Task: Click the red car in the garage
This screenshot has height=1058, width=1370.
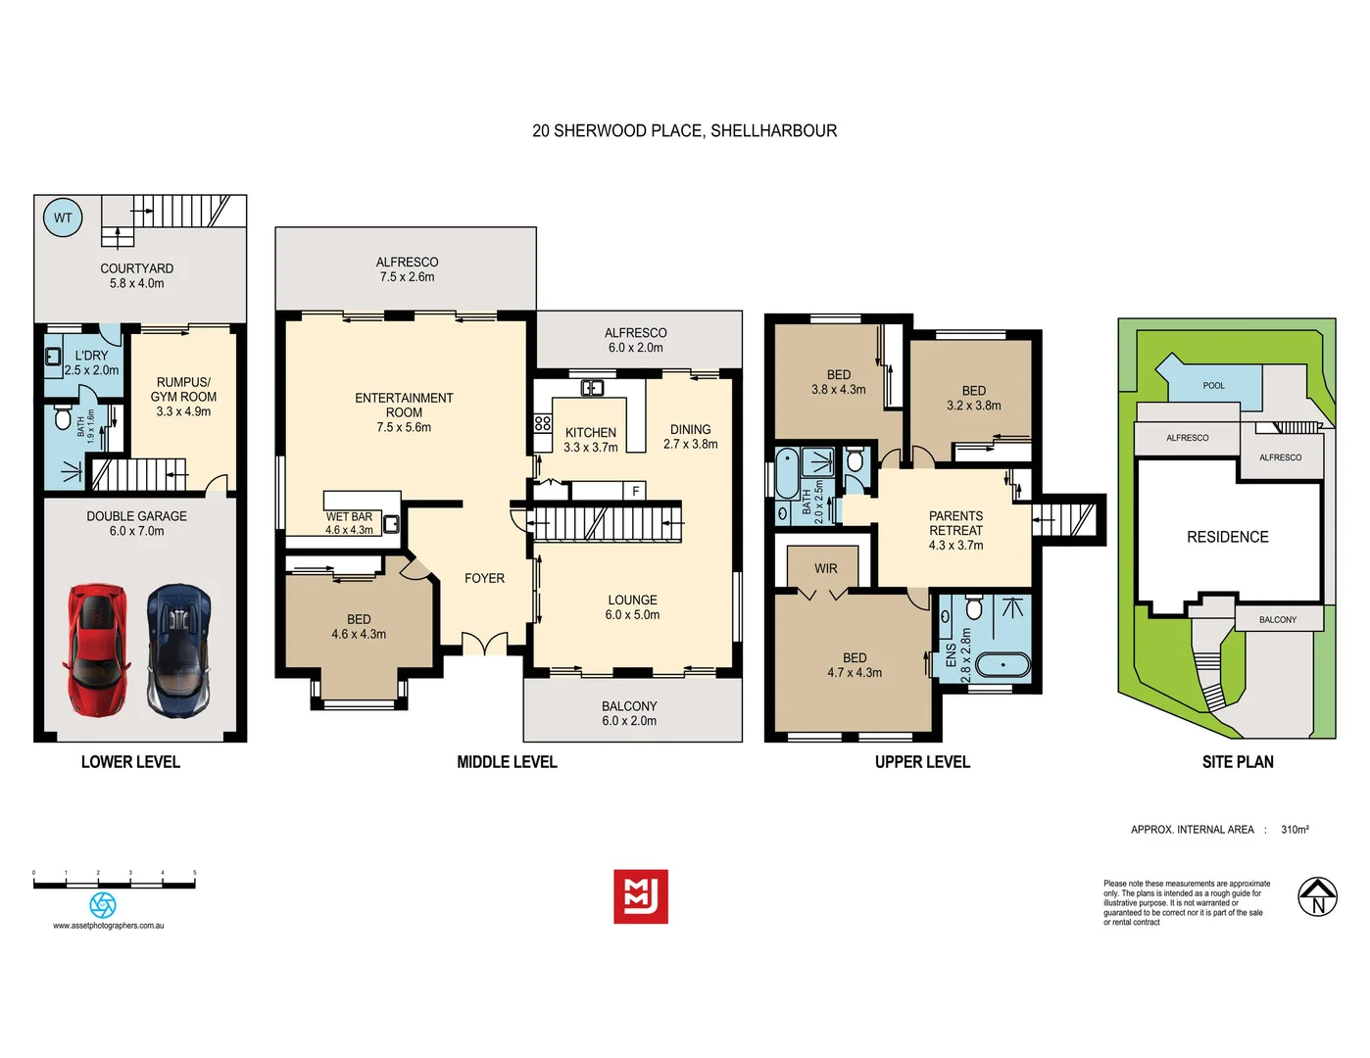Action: [97, 648]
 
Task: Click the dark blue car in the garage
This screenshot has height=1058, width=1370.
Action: [178, 649]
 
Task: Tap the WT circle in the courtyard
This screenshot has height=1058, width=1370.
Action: [63, 217]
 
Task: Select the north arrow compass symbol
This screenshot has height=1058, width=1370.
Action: [1317, 896]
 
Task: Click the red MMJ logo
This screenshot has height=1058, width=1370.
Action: [641, 896]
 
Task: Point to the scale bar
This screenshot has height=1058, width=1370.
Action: [114, 885]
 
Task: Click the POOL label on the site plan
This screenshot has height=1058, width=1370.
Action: [1213, 385]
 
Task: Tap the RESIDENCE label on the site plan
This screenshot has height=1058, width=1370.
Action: [1227, 537]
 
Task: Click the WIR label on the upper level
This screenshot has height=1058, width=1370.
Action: [825, 568]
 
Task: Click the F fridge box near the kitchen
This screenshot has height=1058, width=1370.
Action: [635, 491]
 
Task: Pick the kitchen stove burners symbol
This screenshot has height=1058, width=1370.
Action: [542, 423]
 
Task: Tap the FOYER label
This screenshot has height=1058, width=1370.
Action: [484, 578]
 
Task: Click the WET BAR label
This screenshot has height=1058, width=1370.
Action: [349, 516]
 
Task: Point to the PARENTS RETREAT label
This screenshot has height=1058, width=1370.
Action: [955, 523]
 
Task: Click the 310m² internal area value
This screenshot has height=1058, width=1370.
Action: [1295, 830]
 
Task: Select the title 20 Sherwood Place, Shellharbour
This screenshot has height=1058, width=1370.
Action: [684, 130]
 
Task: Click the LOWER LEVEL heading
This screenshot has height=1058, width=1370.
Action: [130, 762]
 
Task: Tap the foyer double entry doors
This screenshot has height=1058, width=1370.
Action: [484, 645]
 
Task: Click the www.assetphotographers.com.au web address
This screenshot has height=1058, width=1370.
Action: [108, 926]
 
